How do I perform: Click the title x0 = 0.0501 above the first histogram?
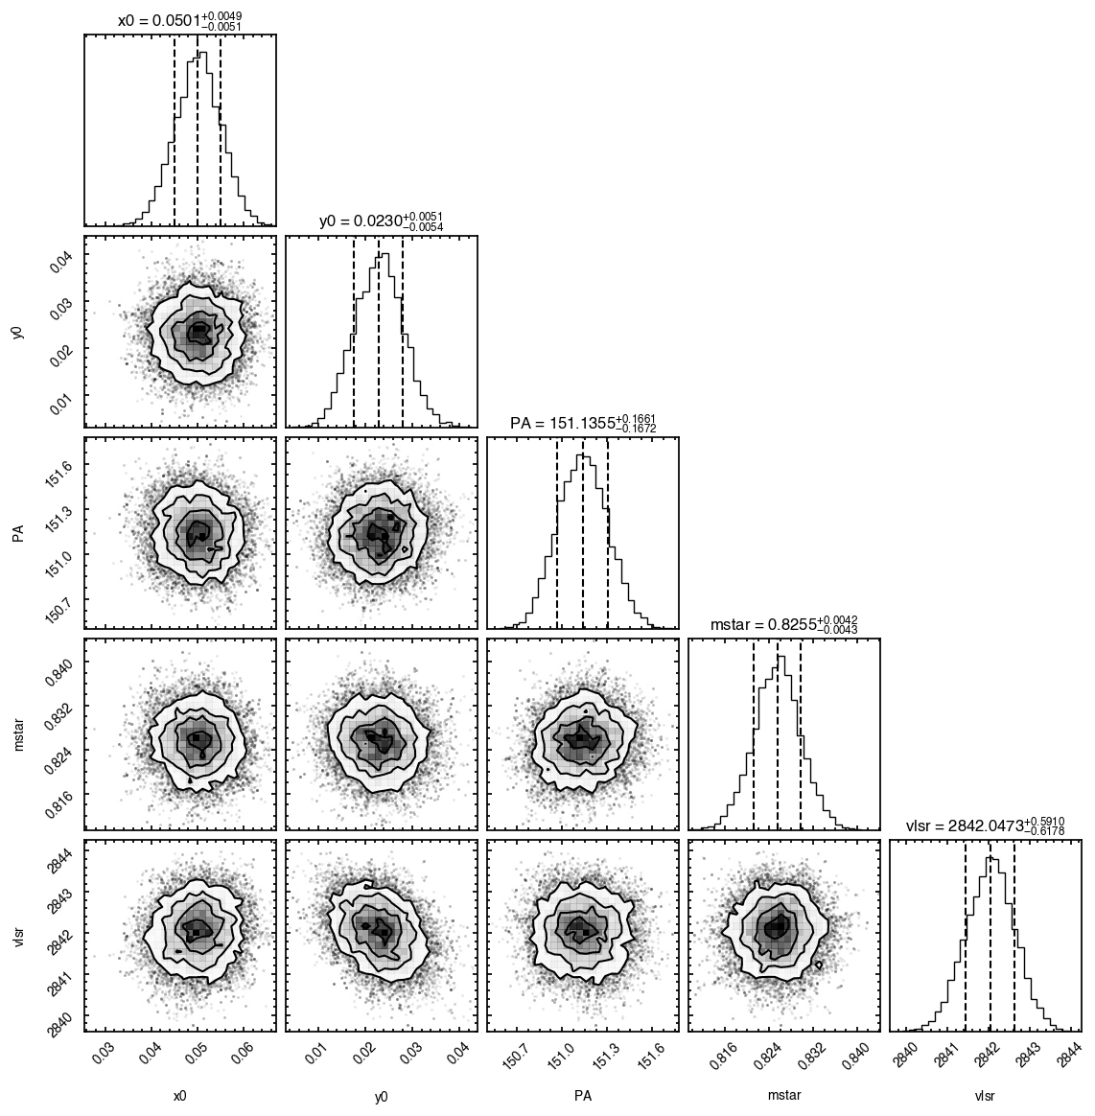(x=180, y=21)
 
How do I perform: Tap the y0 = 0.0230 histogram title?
(x=382, y=222)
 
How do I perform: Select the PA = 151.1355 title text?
(x=583, y=424)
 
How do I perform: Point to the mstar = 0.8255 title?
(x=784, y=625)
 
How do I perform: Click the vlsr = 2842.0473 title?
(x=986, y=826)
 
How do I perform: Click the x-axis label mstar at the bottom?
(x=784, y=1096)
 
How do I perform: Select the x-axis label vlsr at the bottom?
(x=986, y=1096)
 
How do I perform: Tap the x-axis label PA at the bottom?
(x=583, y=1096)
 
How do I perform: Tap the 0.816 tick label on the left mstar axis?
(x=59, y=791)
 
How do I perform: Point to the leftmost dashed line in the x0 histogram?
(x=175, y=131)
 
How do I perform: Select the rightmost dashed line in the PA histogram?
(x=607, y=534)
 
